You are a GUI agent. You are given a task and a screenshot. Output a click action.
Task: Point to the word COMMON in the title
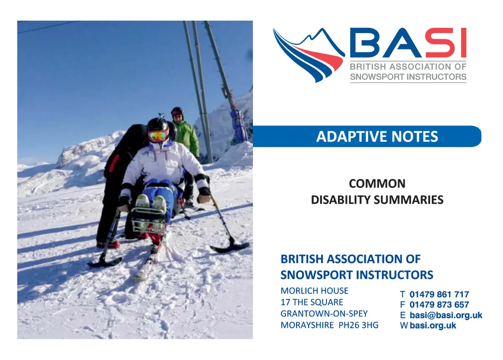(x=377, y=184)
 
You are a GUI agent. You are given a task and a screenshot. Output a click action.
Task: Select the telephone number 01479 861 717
(x=439, y=295)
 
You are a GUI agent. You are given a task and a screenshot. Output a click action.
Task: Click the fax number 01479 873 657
(x=439, y=305)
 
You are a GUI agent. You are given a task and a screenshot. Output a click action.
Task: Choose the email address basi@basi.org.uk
(x=446, y=315)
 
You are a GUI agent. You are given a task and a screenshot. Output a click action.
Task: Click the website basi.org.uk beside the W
(x=433, y=326)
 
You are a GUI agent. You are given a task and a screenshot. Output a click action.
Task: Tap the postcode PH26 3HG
(x=358, y=325)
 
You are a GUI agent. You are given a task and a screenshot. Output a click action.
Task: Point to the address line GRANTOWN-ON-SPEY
(x=324, y=314)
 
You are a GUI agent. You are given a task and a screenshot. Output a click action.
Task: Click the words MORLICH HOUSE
(x=314, y=291)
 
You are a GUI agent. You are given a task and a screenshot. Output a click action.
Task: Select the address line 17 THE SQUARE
(x=312, y=302)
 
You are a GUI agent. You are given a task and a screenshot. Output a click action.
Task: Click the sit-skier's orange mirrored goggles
(x=158, y=136)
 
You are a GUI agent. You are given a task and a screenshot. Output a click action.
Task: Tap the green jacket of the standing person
(x=187, y=138)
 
